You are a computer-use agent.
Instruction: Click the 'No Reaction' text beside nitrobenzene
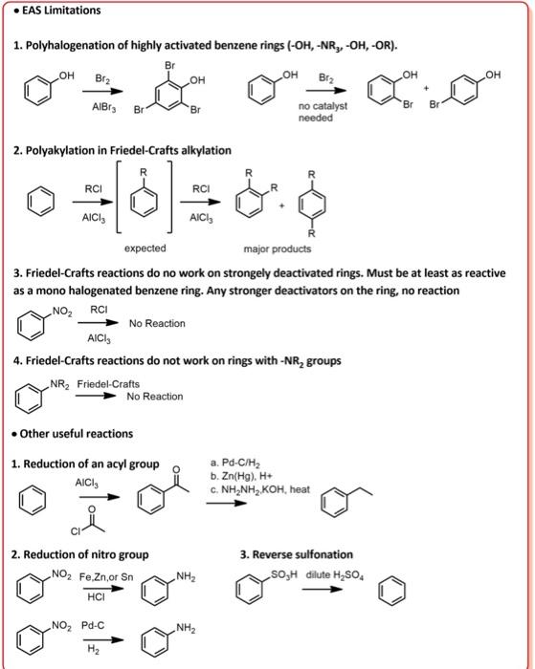click(157, 324)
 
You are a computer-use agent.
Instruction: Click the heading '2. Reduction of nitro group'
click(80, 554)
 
